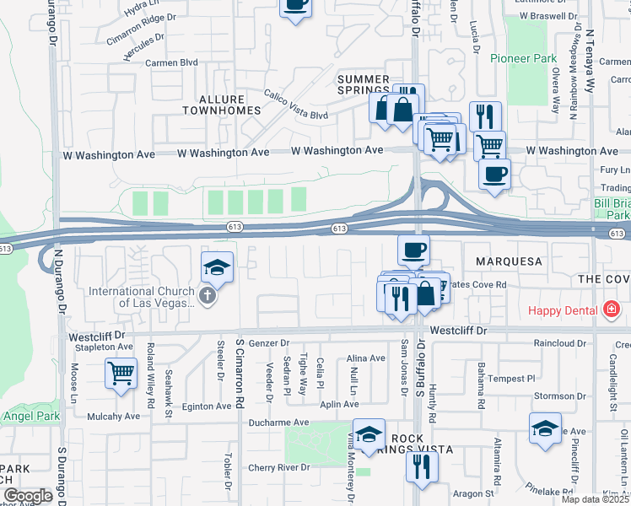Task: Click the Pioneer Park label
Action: (523, 58)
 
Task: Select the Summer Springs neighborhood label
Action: (364, 85)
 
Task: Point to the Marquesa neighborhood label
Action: (508, 261)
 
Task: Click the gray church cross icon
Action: (208, 296)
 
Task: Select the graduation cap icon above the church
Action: (217, 268)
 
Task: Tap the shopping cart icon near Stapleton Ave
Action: (121, 371)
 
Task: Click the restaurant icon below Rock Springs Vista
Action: (422, 466)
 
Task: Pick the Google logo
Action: (27, 496)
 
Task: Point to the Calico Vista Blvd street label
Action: (295, 105)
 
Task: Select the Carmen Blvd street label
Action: (171, 62)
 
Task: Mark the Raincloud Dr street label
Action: (559, 344)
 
